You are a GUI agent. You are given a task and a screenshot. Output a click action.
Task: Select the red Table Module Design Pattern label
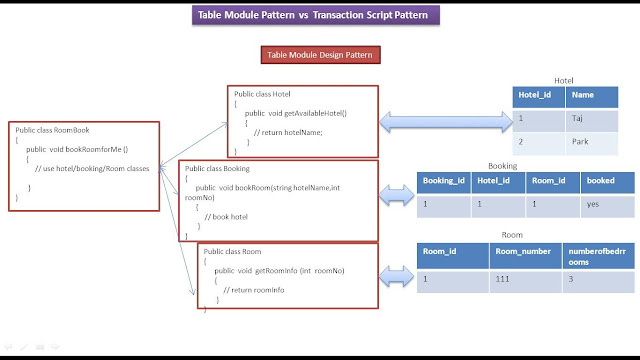point(319,57)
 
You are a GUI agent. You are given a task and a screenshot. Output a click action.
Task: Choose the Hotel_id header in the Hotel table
point(539,95)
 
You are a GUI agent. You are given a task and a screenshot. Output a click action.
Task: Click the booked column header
point(607,183)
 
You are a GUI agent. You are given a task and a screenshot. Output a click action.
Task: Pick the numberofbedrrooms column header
point(593,256)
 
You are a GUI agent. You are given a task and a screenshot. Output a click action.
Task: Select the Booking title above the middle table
point(502,165)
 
